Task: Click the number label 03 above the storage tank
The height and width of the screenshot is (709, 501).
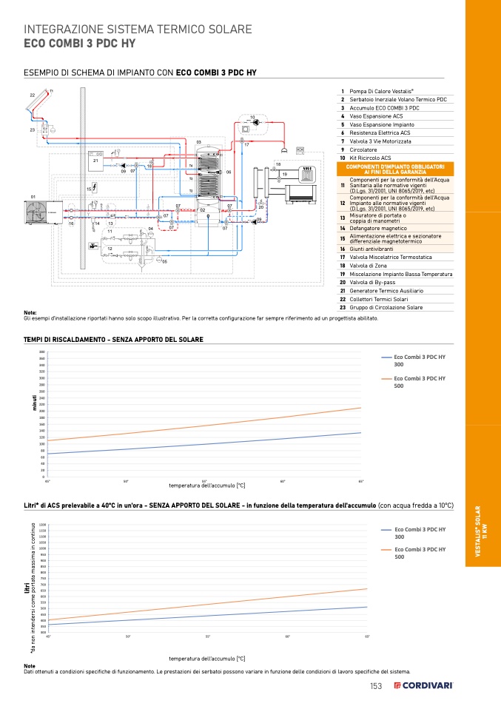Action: pyautogui.click(x=198, y=141)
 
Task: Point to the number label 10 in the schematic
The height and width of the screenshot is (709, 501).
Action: pyautogui.click(x=252, y=118)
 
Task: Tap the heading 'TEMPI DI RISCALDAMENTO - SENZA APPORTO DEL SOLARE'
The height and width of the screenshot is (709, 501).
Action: pyautogui.click(x=113, y=340)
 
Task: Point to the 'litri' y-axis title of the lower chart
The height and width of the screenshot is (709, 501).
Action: pyautogui.click(x=27, y=588)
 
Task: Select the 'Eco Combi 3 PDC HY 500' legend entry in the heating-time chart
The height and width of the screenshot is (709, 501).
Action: pyautogui.click(x=418, y=382)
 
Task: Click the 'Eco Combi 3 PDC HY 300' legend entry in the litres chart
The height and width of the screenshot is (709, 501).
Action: pyautogui.click(x=418, y=533)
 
